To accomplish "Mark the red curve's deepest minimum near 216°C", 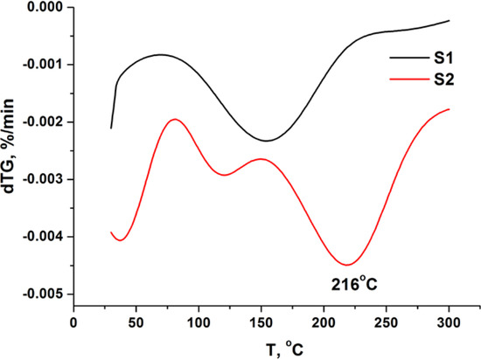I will point(347,265).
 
